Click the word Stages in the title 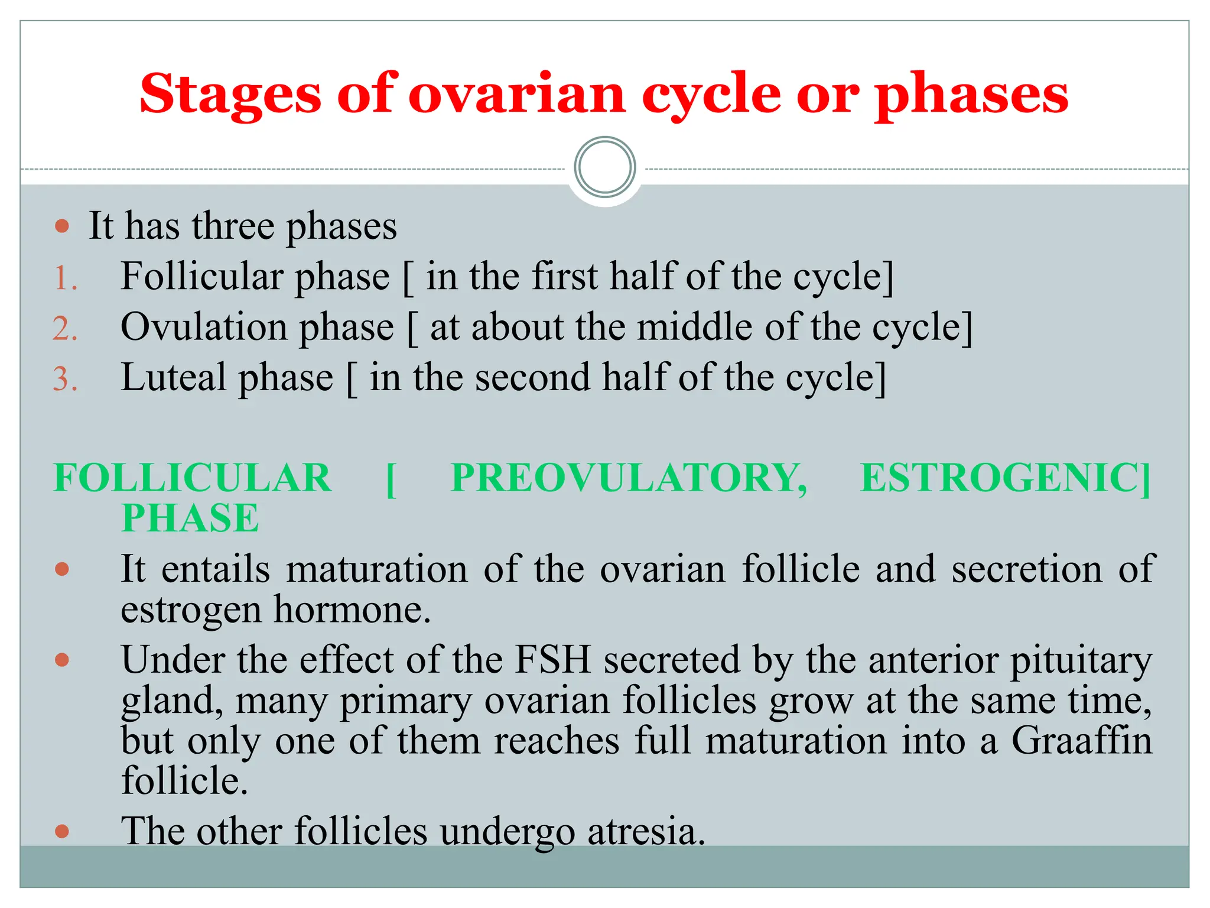230,95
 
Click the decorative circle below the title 604,167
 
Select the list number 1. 65,278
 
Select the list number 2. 65,329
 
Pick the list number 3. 65,379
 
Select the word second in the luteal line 532,378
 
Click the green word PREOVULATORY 628,478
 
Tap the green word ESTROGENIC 1004,478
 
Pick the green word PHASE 190,518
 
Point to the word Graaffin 1081,740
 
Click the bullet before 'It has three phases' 62,226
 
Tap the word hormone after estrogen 352,609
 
